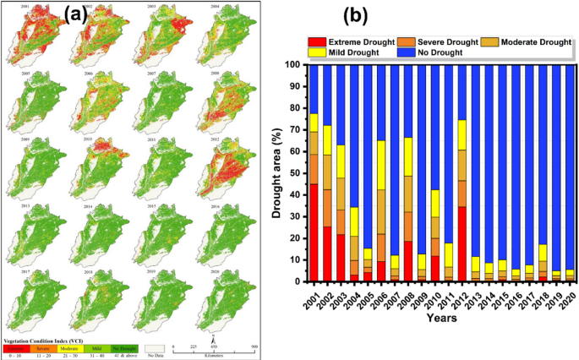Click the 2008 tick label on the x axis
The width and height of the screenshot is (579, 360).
408,298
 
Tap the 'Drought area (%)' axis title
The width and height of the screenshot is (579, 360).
277,172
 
